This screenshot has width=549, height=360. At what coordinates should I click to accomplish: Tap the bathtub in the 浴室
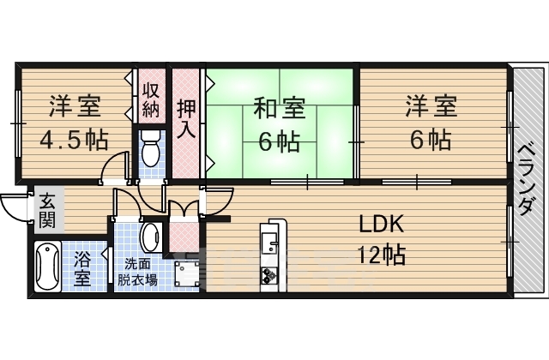(46, 265)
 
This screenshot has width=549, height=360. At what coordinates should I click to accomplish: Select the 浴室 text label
(83, 267)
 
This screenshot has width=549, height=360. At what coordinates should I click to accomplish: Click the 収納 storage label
(151, 99)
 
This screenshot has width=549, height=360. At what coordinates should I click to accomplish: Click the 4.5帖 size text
(72, 139)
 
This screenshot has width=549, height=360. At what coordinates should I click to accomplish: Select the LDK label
(381, 225)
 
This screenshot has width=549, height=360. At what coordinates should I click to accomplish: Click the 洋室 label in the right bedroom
(431, 107)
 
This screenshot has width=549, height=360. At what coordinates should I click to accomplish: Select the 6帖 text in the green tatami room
(279, 141)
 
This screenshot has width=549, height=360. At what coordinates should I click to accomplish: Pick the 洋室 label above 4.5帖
(74, 107)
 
